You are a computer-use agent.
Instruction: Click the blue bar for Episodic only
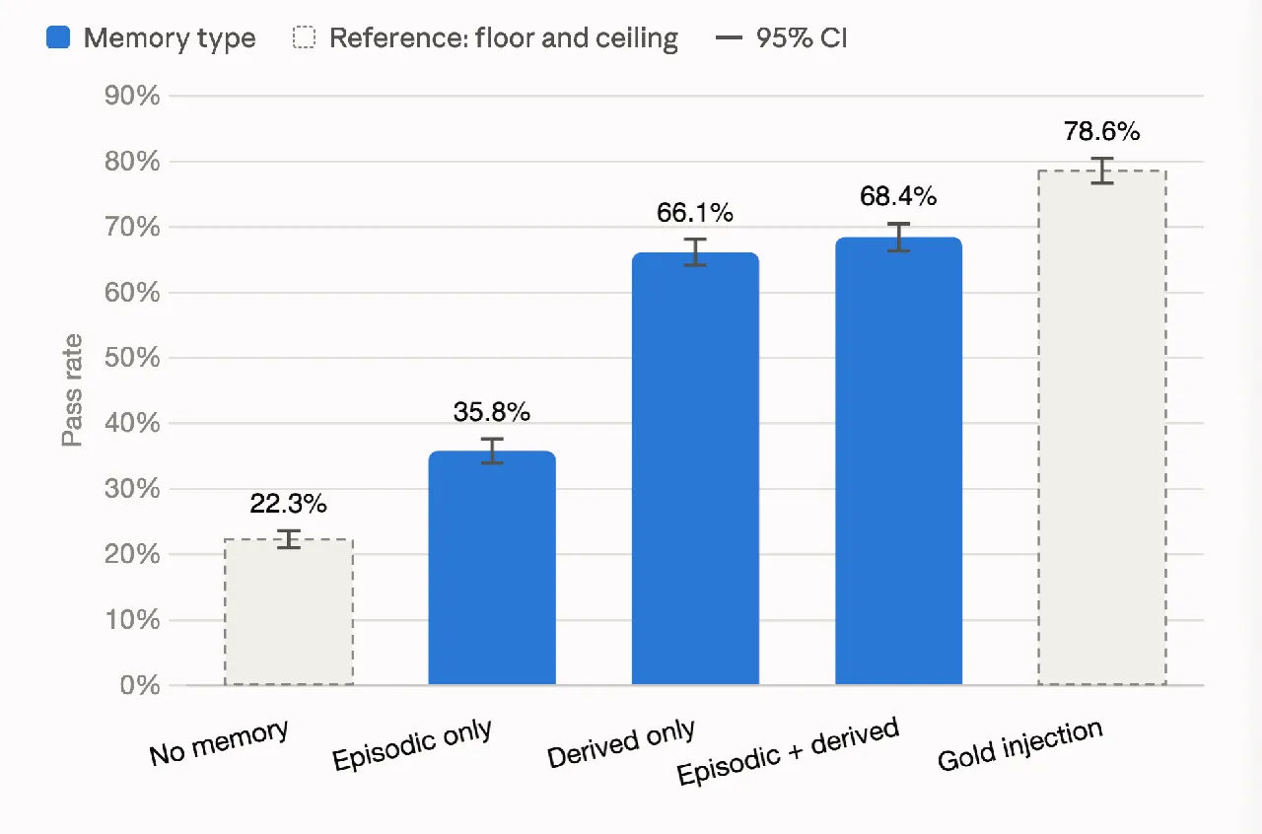pos(492,568)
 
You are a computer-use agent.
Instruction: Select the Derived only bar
pos(695,468)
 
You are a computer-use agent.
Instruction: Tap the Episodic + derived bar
pos(898,461)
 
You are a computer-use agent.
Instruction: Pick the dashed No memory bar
pos(289,612)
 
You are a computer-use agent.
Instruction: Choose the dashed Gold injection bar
pos(1102,428)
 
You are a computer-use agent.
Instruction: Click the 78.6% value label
pos(1102,131)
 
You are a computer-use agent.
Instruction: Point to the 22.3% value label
pos(289,503)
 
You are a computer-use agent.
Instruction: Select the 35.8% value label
pos(492,412)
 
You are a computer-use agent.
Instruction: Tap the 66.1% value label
pos(695,213)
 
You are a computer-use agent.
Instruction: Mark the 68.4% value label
pos(898,196)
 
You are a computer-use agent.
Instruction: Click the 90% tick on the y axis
pos(132,96)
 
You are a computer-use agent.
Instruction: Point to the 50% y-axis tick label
pos(132,358)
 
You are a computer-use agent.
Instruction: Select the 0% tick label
pos(140,685)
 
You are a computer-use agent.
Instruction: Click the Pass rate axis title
pos(72,390)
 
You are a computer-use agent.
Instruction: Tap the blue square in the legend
pos(58,37)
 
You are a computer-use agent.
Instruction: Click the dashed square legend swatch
pos(304,37)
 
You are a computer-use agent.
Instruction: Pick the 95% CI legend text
pos(802,38)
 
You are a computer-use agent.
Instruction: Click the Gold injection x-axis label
pos(1019,744)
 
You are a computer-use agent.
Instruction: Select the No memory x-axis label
pos(219,742)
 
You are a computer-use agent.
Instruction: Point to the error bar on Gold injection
pos(1102,171)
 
